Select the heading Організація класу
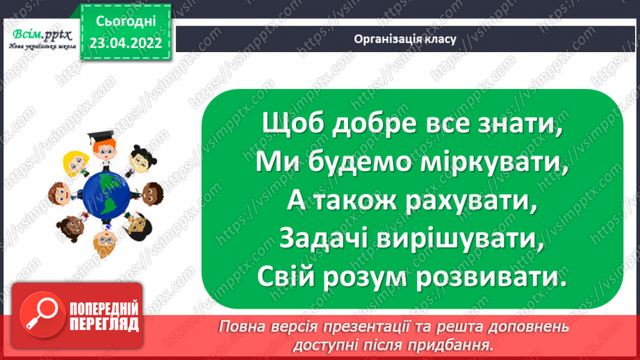[x=404, y=39]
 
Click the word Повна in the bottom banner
[x=243, y=327]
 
